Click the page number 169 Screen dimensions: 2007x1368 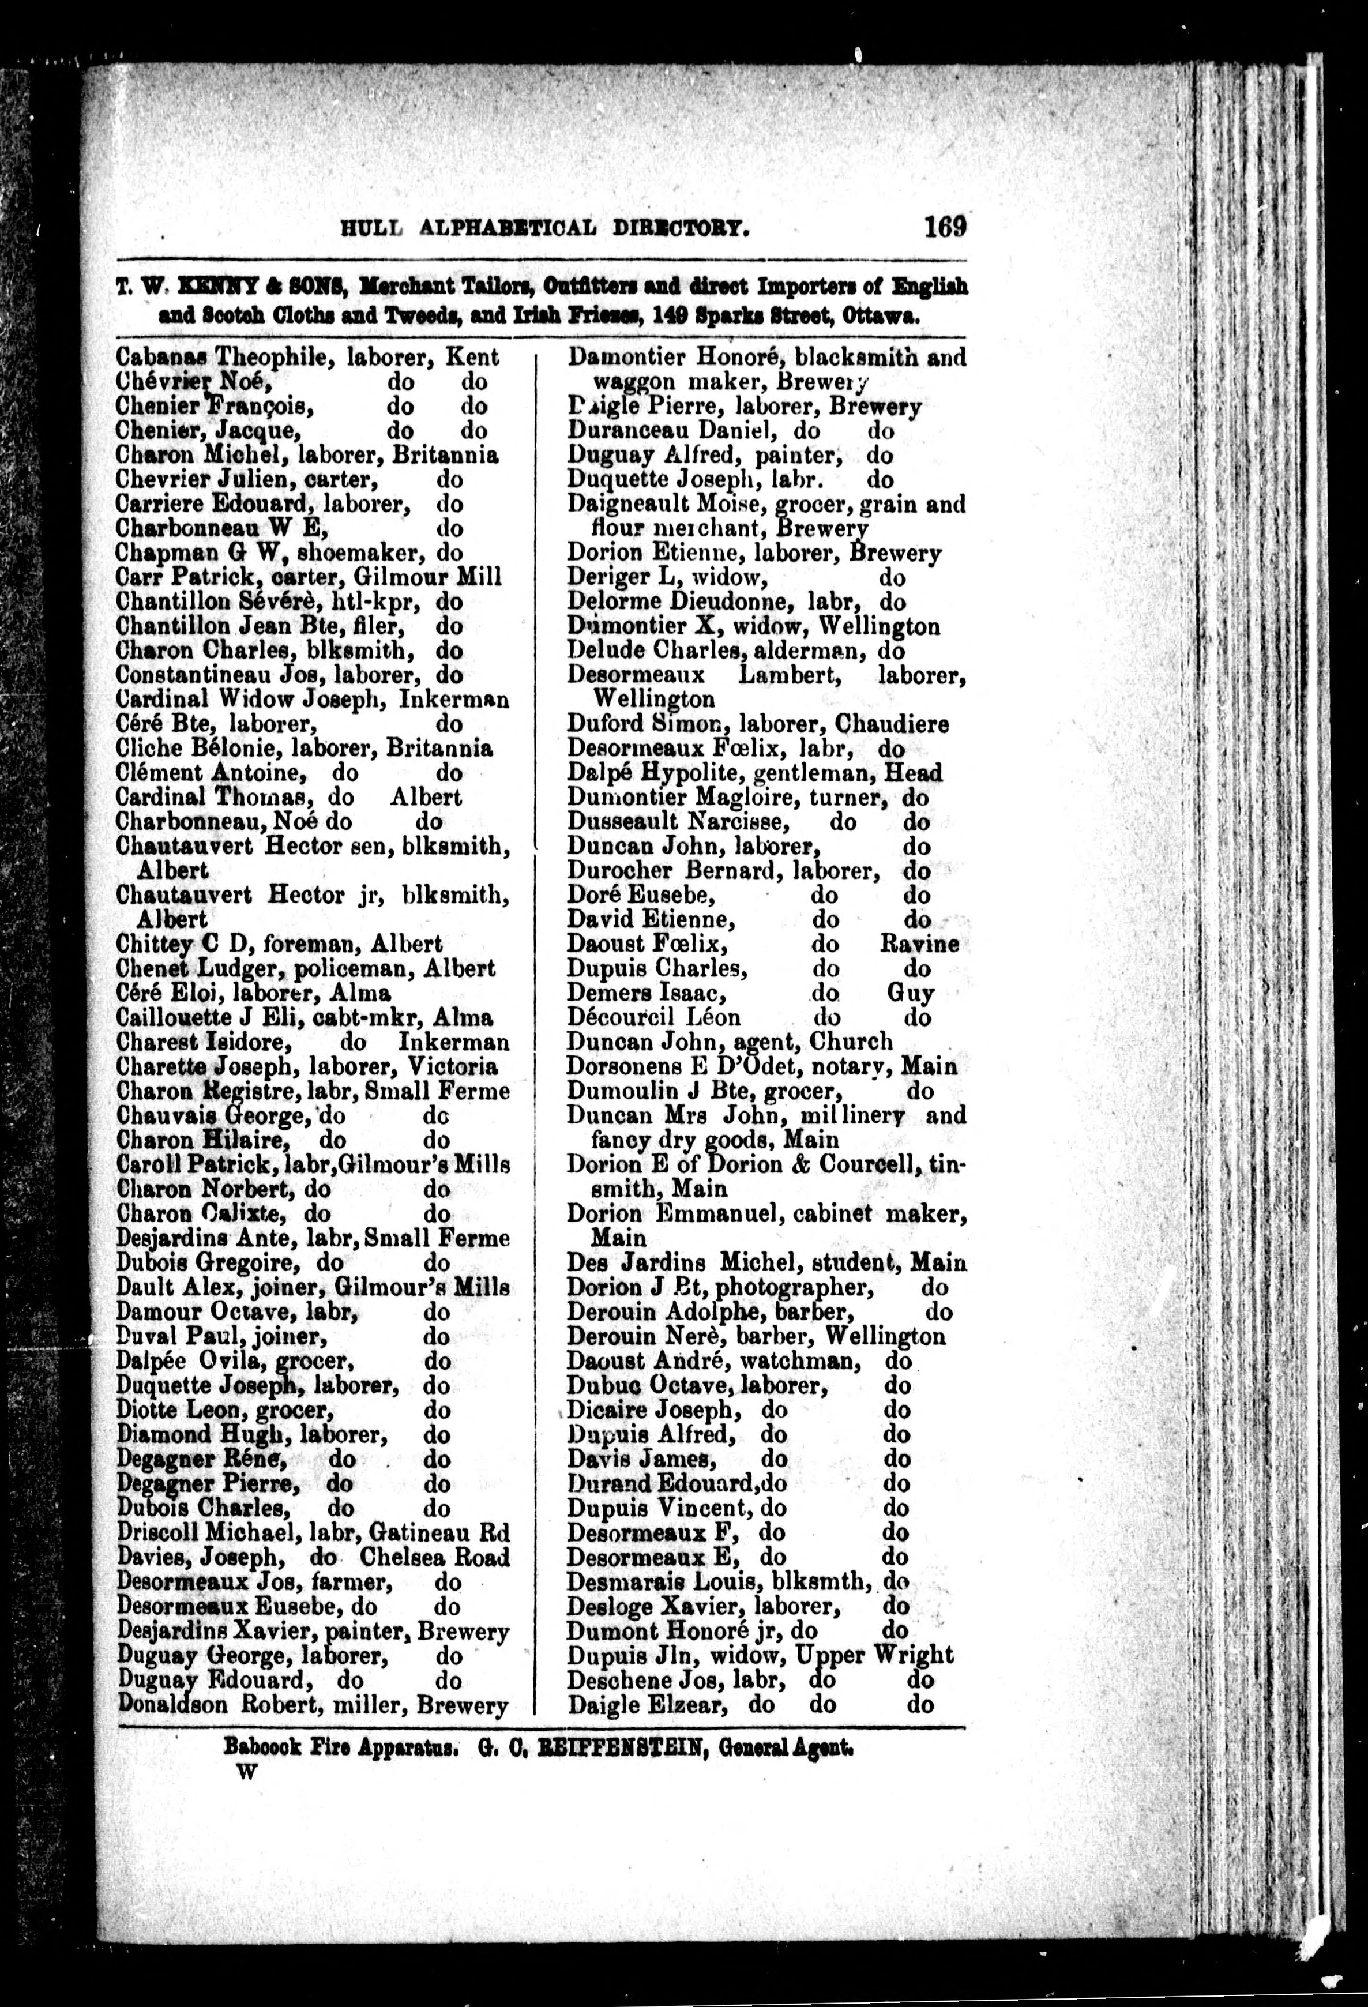point(945,227)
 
